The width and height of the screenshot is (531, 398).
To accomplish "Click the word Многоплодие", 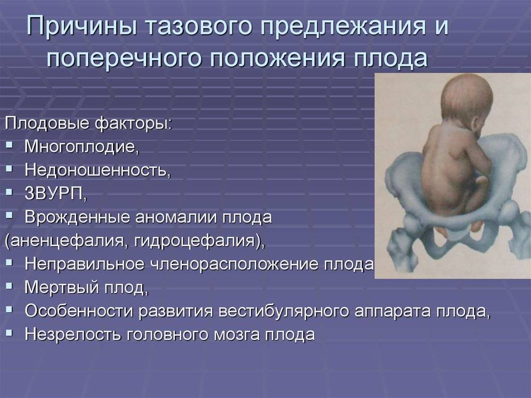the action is click(81, 147).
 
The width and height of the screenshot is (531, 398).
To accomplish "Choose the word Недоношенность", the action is click(97, 170).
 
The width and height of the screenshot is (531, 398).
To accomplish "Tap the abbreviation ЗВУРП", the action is click(55, 194).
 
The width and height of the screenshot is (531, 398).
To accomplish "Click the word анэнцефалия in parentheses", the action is click(67, 241).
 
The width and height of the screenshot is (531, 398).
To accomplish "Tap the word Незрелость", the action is click(73, 334).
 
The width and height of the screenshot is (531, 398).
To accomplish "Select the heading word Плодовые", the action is click(47, 123).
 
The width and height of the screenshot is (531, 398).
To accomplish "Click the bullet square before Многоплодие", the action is click(9, 146).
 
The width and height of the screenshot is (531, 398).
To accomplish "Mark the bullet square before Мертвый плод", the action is click(9, 286).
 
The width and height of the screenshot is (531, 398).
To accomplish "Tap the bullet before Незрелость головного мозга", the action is click(9, 333).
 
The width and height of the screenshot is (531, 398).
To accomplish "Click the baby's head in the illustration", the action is click(467, 102).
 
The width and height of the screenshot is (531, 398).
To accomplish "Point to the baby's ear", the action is click(477, 127).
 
